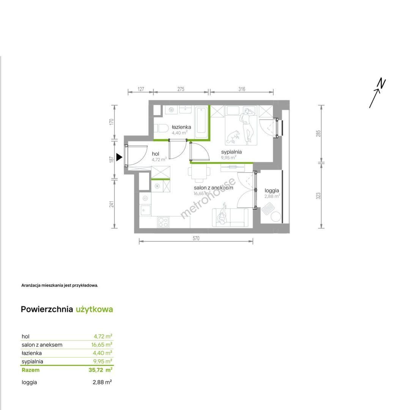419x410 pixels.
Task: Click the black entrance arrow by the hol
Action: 119,157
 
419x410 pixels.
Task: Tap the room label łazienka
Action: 181,127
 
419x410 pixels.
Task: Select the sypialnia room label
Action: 232,152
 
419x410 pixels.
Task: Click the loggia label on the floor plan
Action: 272,191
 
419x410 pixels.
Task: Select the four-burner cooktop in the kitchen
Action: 163,222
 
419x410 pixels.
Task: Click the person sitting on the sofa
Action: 223,214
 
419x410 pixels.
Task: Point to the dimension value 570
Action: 196,238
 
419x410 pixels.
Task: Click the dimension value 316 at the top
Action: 241,89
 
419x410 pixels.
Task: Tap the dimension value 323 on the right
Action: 318,196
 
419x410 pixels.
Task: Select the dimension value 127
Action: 141,89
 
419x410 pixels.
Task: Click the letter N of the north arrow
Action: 381,83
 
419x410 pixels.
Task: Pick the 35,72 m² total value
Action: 100,370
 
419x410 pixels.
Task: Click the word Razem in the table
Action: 30,370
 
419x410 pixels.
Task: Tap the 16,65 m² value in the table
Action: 102,345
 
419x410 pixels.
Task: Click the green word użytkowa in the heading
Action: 95,309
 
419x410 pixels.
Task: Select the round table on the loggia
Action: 276,216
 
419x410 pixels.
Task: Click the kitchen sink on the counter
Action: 145,210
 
